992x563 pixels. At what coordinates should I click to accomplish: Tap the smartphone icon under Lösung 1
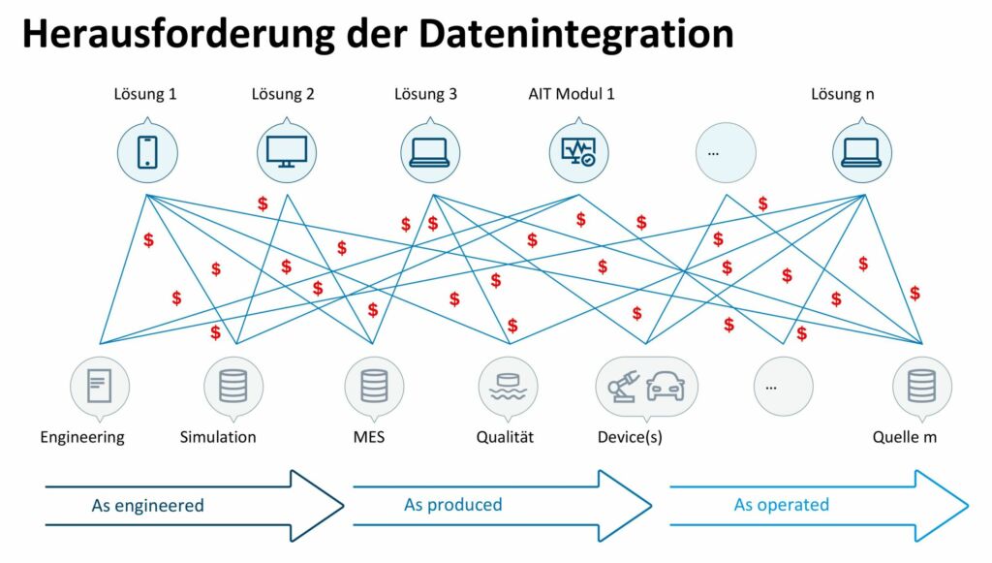pos(147,152)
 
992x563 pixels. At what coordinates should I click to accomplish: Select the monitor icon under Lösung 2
pos(287,152)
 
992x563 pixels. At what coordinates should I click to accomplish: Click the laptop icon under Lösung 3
pos(430,153)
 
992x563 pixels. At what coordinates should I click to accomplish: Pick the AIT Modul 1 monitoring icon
pos(578,152)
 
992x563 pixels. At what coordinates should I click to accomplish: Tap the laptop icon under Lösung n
pos(861,153)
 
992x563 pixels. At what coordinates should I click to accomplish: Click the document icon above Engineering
pos(100,386)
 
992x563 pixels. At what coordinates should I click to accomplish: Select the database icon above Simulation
pos(232,386)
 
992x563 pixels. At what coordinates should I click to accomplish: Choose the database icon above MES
pos(374,386)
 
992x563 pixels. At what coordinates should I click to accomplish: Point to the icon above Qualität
pos(508,386)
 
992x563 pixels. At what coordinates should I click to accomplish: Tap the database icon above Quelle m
pos(921,386)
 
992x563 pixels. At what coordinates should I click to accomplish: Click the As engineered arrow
pos(194,505)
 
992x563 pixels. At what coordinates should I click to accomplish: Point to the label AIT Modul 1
pos(571,95)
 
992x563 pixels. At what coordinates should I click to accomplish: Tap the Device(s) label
pos(630,437)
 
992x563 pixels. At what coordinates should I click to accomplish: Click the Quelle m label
pos(904,437)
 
